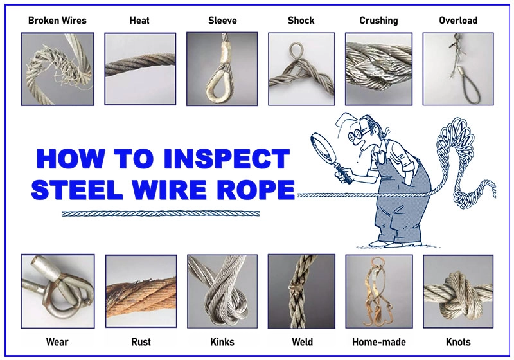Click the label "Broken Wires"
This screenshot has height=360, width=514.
pyautogui.click(x=57, y=21)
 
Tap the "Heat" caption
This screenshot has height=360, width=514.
pyautogui.click(x=139, y=21)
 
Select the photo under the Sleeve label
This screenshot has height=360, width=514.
pyautogui.click(x=222, y=69)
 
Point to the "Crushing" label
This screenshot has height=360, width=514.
pyautogui.click(x=378, y=21)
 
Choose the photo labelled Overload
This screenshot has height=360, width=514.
pyautogui.click(x=458, y=69)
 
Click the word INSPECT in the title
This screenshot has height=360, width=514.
pyautogui.click(x=227, y=159)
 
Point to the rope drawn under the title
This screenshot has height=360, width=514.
pyautogui.click(x=161, y=214)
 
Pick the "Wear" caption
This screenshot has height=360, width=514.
pyautogui.click(x=57, y=342)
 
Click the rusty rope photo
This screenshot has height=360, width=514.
pyautogui.click(x=141, y=291)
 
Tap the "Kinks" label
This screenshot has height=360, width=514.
pyautogui.click(x=222, y=342)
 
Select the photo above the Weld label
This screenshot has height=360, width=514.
pyautogui.click(x=301, y=291)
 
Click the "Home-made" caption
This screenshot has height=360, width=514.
pyautogui.click(x=379, y=342)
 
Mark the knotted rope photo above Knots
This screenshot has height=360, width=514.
pyautogui.click(x=458, y=291)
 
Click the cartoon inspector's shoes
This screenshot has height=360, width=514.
pyautogui.click(x=396, y=244)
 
